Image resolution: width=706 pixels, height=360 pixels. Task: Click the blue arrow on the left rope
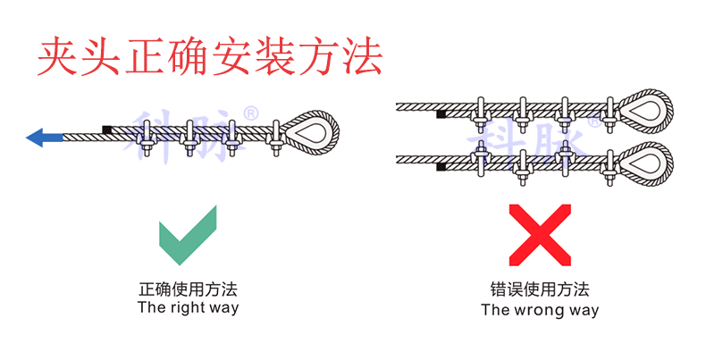point(45,138)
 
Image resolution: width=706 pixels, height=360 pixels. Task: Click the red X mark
point(539,233)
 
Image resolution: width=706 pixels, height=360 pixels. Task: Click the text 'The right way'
point(188,308)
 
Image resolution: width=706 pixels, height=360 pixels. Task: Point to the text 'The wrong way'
point(540,310)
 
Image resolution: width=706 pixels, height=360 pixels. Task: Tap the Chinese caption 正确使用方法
point(188,289)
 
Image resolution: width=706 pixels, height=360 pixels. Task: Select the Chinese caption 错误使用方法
point(540,290)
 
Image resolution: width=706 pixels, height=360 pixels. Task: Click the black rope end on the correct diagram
point(107,130)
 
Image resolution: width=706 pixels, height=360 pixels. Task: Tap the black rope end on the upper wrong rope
point(441,114)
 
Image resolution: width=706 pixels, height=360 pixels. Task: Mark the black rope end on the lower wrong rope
point(441,167)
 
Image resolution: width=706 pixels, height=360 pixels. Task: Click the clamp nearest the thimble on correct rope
point(276,136)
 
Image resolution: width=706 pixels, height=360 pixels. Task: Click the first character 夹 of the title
point(55,56)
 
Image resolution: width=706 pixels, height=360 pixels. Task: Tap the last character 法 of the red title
point(363,56)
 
